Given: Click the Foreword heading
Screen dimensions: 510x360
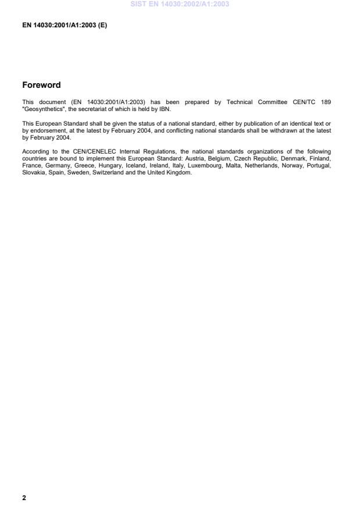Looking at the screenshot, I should (x=41, y=85).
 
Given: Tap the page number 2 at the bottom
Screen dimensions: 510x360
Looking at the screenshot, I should (x=24, y=498).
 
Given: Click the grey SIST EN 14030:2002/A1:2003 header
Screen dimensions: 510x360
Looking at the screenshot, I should (x=180, y=4).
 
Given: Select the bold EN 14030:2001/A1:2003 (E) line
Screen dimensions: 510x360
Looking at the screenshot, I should (x=65, y=26).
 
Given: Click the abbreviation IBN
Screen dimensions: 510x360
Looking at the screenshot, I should (x=163, y=109).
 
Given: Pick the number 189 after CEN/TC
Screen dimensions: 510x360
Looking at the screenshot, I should (x=326, y=102).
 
